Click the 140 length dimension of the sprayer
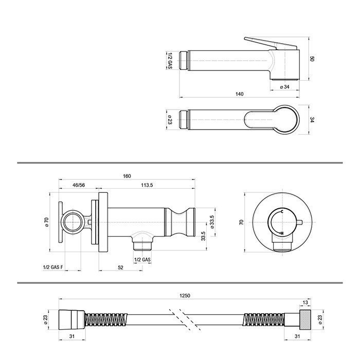(240, 94)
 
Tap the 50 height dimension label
(312, 59)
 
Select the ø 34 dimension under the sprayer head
(285, 87)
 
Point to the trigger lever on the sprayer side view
(271, 43)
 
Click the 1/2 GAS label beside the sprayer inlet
(170, 61)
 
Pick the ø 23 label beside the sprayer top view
(170, 120)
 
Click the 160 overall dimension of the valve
(127, 176)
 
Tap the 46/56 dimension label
(79, 185)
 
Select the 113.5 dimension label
(147, 185)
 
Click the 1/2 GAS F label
(53, 267)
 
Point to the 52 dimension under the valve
(120, 267)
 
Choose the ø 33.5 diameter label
(212, 222)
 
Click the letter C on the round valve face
(282, 211)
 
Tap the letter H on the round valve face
(282, 233)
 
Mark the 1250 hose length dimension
(185, 296)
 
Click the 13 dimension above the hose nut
(305, 302)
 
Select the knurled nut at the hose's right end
(305, 320)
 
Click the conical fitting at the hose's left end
(72, 320)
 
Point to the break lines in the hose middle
(185, 319)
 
